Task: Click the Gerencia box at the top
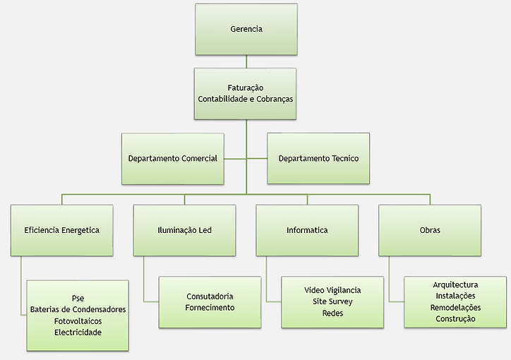pyautogui.click(x=246, y=30)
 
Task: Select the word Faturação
pyautogui.click(x=246, y=88)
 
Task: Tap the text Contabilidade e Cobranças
pyautogui.click(x=246, y=99)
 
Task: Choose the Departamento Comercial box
pyautogui.click(x=173, y=159)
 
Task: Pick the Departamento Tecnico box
pyautogui.click(x=318, y=159)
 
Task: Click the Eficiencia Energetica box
pyautogui.click(x=61, y=230)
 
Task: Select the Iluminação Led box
pyautogui.click(x=185, y=230)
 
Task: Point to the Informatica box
pyautogui.click(x=307, y=230)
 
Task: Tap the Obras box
pyautogui.click(x=430, y=230)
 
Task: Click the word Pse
pyautogui.click(x=78, y=298)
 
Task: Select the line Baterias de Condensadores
pyautogui.click(x=78, y=309)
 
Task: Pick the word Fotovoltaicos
pyautogui.click(x=78, y=320)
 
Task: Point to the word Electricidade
pyautogui.click(x=78, y=332)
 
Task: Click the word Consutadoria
pyautogui.click(x=210, y=296)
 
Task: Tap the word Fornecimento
pyautogui.click(x=210, y=308)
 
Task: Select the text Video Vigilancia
pyautogui.click(x=332, y=290)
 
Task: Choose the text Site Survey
pyautogui.click(x=332, y=301)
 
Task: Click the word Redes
pyautogui.click(x=332, y=313)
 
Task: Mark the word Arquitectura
pyautogui.click(x=455, y=284)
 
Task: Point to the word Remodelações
pyautogui.click(x=455, y=307)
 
